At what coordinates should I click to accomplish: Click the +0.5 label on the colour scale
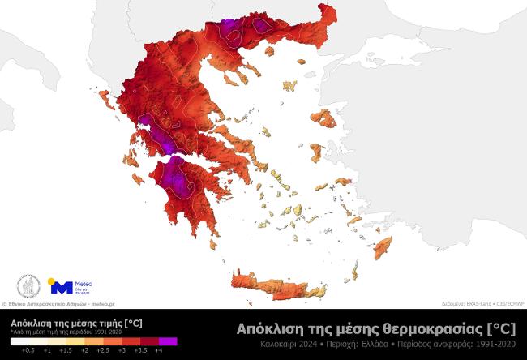pos(28,350)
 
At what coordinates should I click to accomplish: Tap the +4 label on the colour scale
pos(159,350)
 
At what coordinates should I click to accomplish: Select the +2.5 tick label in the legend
pos(103,350)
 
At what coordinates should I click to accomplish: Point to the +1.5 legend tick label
pos(66,350)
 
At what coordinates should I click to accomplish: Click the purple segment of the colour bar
pos(168,341)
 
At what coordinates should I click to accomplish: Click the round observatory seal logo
pos(28,286)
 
